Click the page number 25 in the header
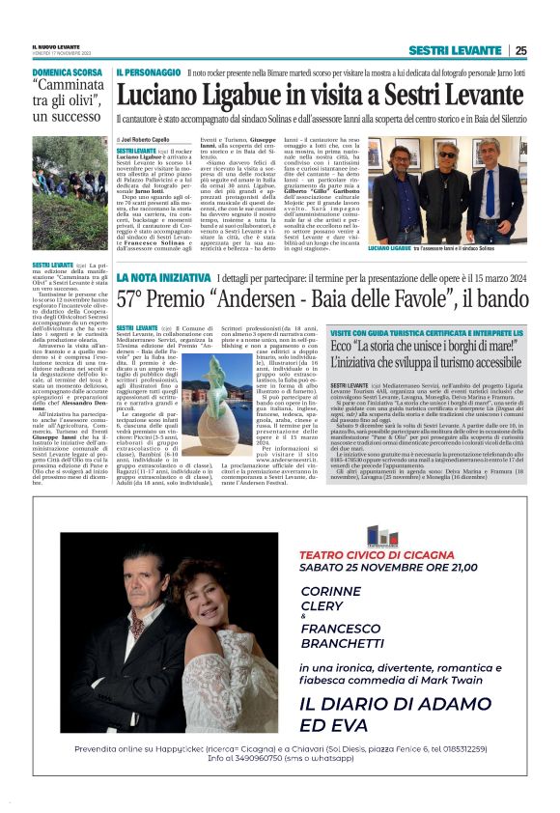click(520, 50)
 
